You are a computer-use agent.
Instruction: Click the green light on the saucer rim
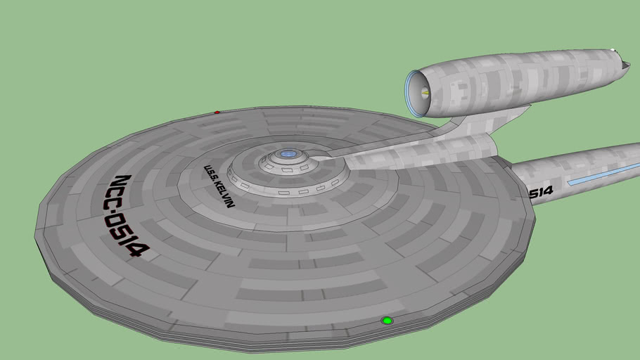[387, 321]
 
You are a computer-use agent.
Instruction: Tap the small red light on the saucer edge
[217, 112]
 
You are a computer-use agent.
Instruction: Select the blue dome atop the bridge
[288, 154]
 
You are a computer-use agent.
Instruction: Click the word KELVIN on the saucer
[224, 193]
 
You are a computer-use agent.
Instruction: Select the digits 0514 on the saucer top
[127, 237]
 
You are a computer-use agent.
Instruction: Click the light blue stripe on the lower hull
[604, 174]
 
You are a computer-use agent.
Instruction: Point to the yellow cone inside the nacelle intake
[425, 93]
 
